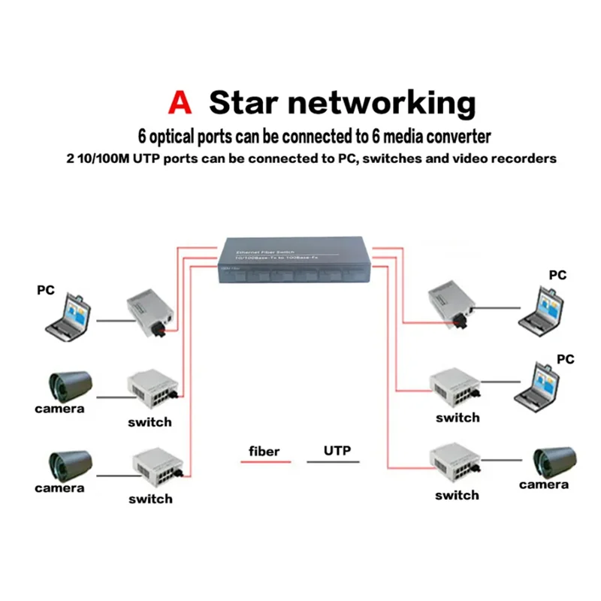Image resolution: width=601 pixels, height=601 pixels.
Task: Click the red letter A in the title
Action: [180, 103]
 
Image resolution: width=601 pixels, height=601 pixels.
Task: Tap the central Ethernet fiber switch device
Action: [296, 262]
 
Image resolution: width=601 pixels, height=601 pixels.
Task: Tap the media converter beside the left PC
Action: [151, 310]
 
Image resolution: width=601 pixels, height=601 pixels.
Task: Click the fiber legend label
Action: [264, 452]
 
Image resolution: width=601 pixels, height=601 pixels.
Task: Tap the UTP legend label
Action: [337, 451]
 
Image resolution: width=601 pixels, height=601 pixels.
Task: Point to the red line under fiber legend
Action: [265, 462]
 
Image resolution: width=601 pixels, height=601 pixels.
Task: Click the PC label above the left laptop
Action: [47, 289]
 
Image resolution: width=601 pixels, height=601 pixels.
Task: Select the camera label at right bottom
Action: [543, 485]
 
